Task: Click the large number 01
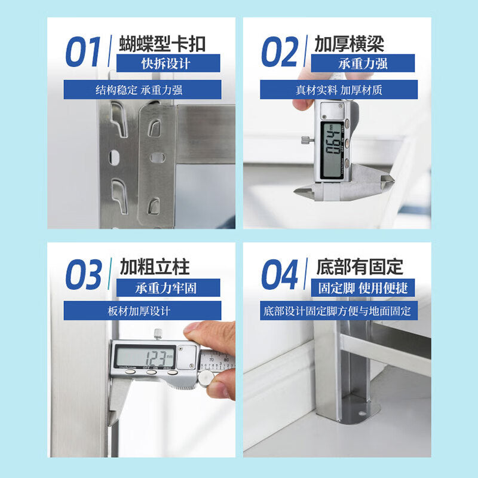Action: (x=83, y=51)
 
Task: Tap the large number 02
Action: (x=280, y=51)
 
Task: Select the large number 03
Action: (x=84, y=274)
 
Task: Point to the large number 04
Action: (x=280, y=274)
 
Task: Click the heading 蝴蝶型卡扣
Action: (x=162, y=44)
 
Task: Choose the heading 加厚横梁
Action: (x=350, y=44)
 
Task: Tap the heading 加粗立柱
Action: (x=155, y=266)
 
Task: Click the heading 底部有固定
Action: (x=360, y=266)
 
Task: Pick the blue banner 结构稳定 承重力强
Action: (x=142, y=90)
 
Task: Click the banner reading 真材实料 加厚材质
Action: (x=339, y=90)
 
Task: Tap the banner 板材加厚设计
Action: (x=142, y=311)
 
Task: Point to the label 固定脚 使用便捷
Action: (x=363, y=288)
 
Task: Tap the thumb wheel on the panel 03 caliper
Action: (x=206, y=378)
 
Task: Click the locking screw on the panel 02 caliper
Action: (x=308, y=140)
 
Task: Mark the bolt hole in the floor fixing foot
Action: (x=362, y=413)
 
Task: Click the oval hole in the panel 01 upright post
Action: (x=114, y=157)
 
